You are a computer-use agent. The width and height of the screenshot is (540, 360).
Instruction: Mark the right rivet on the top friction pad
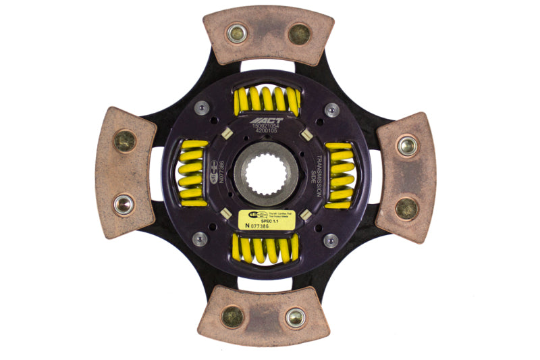(x=299, y=34)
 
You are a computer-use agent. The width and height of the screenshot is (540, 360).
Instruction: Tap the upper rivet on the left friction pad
(x=124, y=140)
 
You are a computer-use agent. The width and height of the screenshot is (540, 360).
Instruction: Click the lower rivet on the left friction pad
(x=123, y=203)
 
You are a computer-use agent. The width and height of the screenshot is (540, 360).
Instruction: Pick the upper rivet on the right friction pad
(x=406, y=145)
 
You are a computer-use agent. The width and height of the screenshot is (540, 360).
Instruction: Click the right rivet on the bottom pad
(x=295, y=317)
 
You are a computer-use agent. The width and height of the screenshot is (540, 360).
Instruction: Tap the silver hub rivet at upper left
(x=200, y=107)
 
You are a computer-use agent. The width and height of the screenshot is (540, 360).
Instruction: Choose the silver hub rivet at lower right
(x=331, y=240)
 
